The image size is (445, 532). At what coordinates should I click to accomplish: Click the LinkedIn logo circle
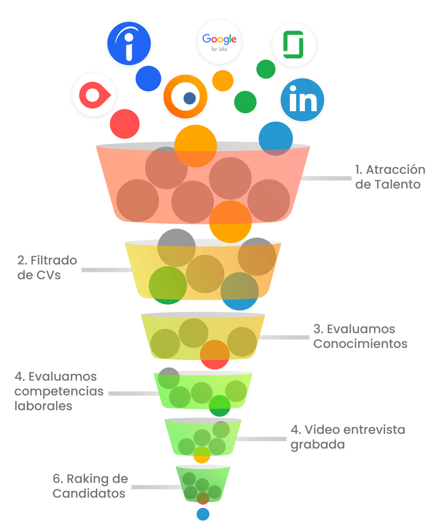pyautogui.click(x=302, y=100)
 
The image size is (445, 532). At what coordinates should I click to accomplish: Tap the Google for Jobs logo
pyautogui.click(x=219, y=42)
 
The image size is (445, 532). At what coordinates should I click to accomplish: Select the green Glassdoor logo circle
pyautogui.click(x=294, y=45)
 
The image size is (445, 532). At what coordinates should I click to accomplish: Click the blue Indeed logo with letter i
pyautogui.click(x=129, y=44)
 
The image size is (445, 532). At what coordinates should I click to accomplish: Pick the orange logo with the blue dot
pyautogui.click(x=185, y=97)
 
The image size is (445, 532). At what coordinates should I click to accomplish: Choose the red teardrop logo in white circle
pyautogui.click(x=94, y=95)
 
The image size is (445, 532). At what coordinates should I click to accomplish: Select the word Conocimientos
pyautogui.click(x=360, y=344)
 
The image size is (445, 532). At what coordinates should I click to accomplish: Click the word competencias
pyautogui.click(x=59, y=391)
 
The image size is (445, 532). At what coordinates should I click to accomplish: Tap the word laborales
pyautogui.click(x=43, y=406)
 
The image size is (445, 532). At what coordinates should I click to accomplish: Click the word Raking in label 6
pyautogui.click(x=87, y=479)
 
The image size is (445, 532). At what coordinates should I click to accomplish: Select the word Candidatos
pyautogui.click(x=89, y=493)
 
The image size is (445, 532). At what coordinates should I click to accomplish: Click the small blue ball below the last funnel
pyautogui.click(x=203, y=514)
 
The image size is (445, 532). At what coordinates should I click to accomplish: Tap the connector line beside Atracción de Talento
pyautogui.click(x=326, y=178)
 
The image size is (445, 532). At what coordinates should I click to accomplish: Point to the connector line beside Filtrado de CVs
pyautogui.click(x=106, y=270)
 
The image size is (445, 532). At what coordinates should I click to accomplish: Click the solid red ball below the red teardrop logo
pyautogui.click(x=124, y=124)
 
